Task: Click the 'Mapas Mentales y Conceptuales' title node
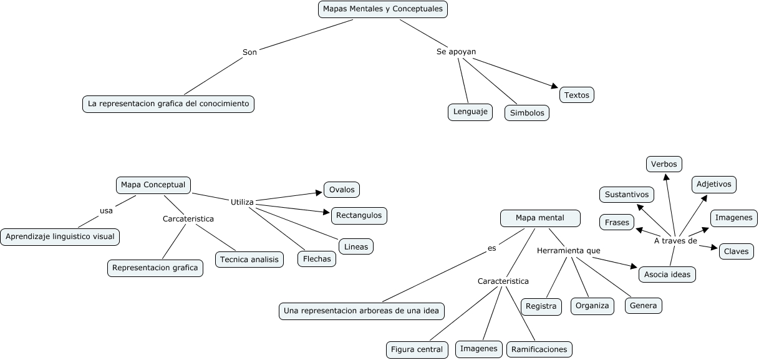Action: [383, 9]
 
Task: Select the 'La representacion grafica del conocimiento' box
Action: [168, 104]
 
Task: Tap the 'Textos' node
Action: [577, 95]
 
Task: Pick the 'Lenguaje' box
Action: [470, 112]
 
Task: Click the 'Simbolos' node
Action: [527, 113]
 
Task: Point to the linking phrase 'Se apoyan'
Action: [457, 52]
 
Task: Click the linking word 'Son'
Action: [249, 52]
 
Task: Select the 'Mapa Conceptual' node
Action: [153, 185]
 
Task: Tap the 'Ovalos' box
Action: [342, 190]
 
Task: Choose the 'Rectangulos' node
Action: [359, 215]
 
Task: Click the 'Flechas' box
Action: [317, 259]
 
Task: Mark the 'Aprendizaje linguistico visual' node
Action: [60, 237]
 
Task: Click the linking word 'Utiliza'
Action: [242, 202]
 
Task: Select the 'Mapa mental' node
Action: [540, 218]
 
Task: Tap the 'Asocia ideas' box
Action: [667, 274]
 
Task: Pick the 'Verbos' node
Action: [664, 164]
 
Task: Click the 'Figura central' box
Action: [417, 349]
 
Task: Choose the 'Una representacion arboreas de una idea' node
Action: [362, 311]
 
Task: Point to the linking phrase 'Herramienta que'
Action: [568, 250]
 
